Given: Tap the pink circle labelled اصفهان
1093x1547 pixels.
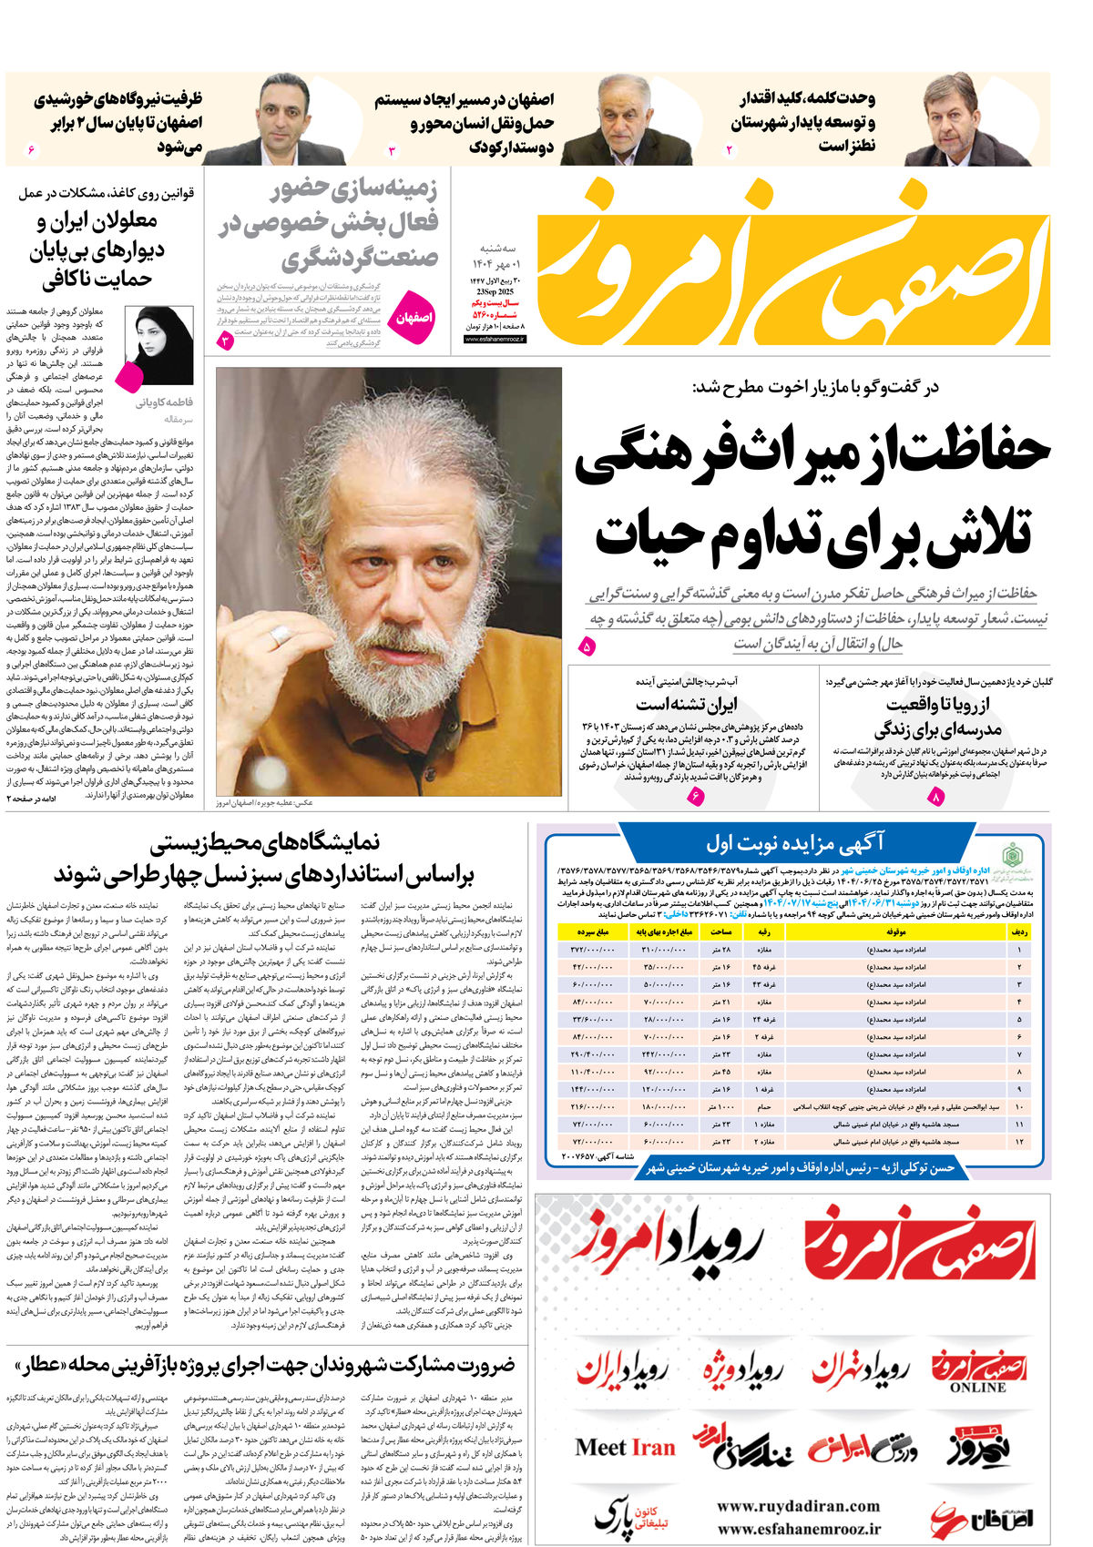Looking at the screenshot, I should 414,319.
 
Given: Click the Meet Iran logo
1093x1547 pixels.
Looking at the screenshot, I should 625,1448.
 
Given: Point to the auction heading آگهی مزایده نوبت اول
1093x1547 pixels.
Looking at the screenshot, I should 795,843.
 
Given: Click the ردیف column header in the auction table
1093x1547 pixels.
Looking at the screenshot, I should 1019,932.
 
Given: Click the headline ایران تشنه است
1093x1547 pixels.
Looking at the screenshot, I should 686,704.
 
